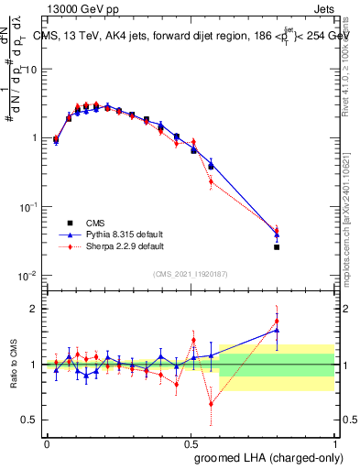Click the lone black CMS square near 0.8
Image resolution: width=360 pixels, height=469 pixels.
277,247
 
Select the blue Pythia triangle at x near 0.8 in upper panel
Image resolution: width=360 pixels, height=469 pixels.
277,234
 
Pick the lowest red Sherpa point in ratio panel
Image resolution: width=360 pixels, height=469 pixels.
212,403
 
